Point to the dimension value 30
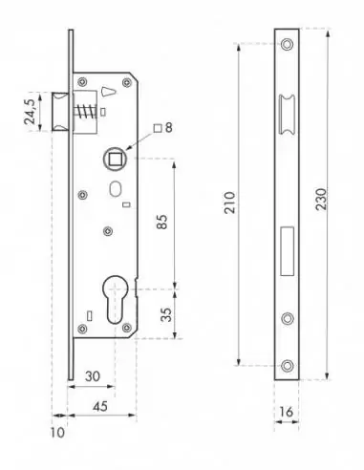[94, 375]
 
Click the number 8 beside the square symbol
[168, 127]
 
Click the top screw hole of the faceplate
[288, 45]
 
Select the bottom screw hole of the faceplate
[288, 364]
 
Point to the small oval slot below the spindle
[115, 188]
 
